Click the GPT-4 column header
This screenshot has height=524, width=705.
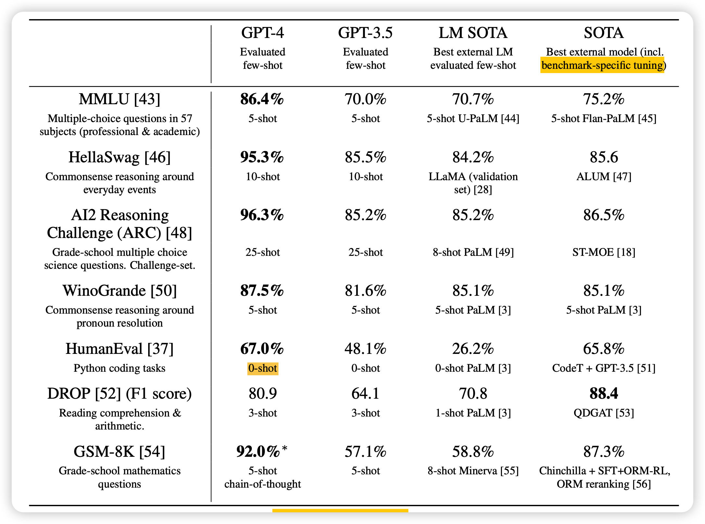click(x=263, y=33)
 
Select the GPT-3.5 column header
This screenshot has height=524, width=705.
click(x=365, y=33)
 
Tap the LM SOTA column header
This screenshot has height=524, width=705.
click(x=473, y=33)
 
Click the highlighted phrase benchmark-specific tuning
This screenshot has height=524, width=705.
click(x=602, y=65)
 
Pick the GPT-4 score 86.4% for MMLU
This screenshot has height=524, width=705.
click(x=262, y=99)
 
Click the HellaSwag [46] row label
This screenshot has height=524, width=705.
click(x=120, y=157)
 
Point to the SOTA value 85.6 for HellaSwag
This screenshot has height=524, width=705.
click(x=604, y=157)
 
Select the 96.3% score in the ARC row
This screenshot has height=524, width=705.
click(x=262, y=215)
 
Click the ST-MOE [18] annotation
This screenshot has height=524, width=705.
click(x=604, y=252)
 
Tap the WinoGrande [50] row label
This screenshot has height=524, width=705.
click(x=120, y=290)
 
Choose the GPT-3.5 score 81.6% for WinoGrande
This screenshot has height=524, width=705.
click(x=365, y=290)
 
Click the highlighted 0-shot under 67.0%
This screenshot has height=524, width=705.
click(x=263, y=368)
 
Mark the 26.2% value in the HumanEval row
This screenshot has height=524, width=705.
click(x=473, y=349)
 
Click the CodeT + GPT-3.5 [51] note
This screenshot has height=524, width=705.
click(x=604, y=368)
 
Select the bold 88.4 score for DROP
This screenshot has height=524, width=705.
click(x=604, y=393)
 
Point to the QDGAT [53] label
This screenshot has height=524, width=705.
click(x=604, y=413)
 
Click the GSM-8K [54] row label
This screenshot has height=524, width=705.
click(x=120, y=451)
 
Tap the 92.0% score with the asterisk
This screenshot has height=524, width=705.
click(x=259, y=451)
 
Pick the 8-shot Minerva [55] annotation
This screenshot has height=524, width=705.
click(x=473, y=471)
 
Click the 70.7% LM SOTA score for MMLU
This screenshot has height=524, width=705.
click(x=473, y=99)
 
